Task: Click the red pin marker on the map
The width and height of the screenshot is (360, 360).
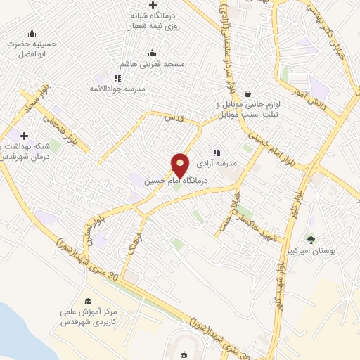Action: (x=181, y=165)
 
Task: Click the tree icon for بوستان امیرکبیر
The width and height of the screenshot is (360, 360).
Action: (x=311, y=240)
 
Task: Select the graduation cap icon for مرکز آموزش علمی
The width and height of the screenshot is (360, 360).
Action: (x=88, y=301)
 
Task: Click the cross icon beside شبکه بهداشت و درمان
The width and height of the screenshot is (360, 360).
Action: (x=25, y=136)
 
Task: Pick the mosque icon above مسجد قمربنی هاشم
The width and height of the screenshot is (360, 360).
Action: (x=152, y=53)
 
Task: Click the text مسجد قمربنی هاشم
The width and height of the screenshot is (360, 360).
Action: (x=152, y=64)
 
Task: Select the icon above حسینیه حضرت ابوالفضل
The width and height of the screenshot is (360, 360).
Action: (x=31, y=33)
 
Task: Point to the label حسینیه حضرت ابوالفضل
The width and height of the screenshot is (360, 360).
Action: (x=31, y=48)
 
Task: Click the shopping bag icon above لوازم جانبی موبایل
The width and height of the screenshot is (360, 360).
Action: (x=247, y=94)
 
